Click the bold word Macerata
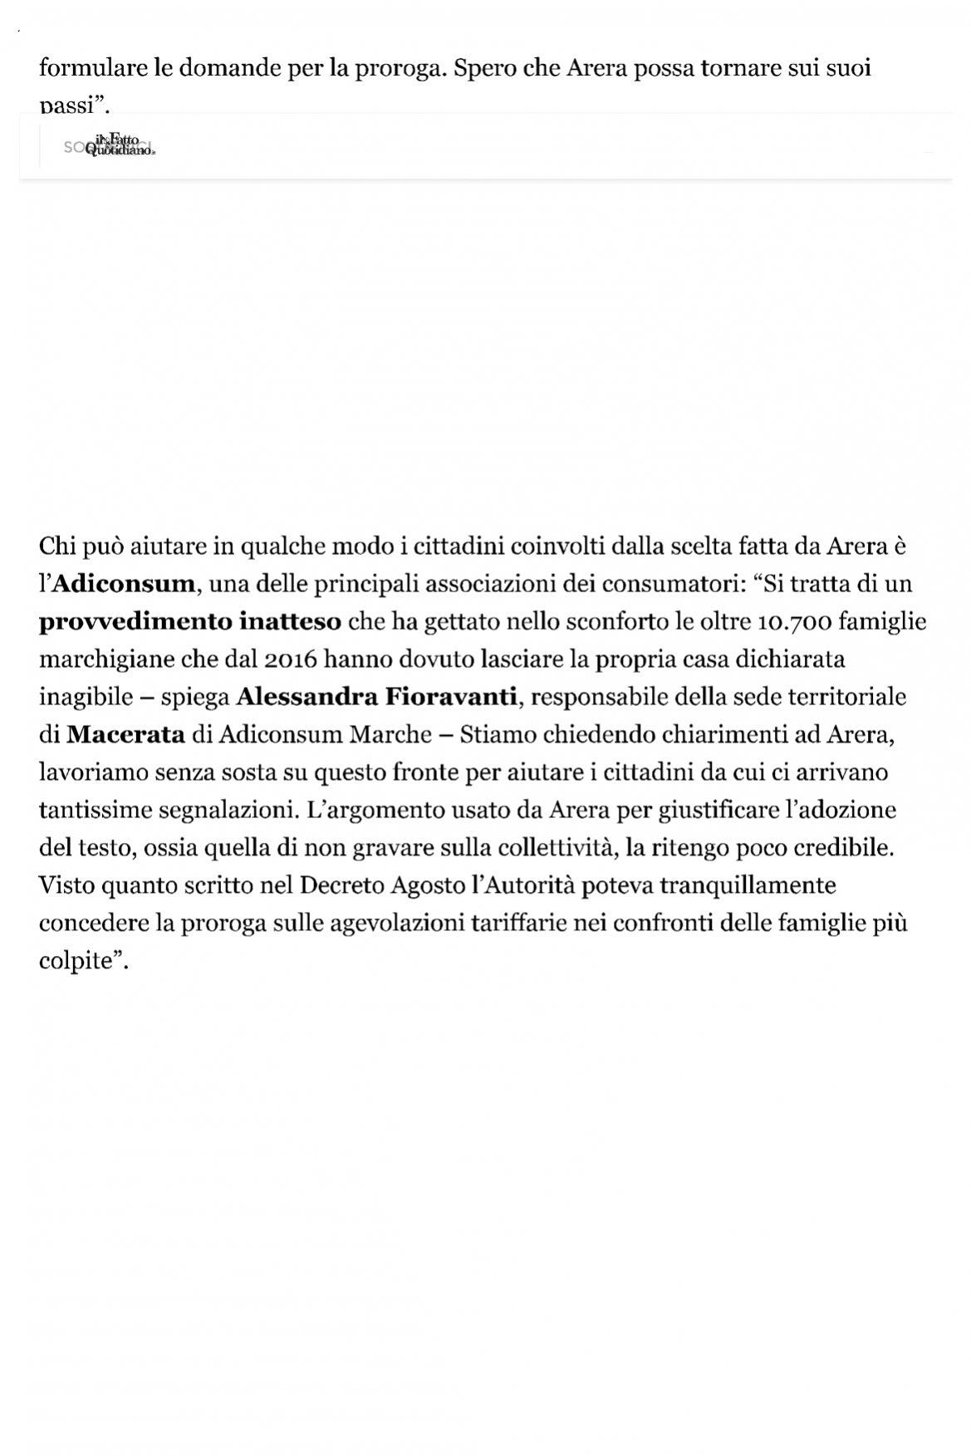[x=125, y=734]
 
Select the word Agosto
[x=424, y=885]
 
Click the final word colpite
[x=76, y=961]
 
